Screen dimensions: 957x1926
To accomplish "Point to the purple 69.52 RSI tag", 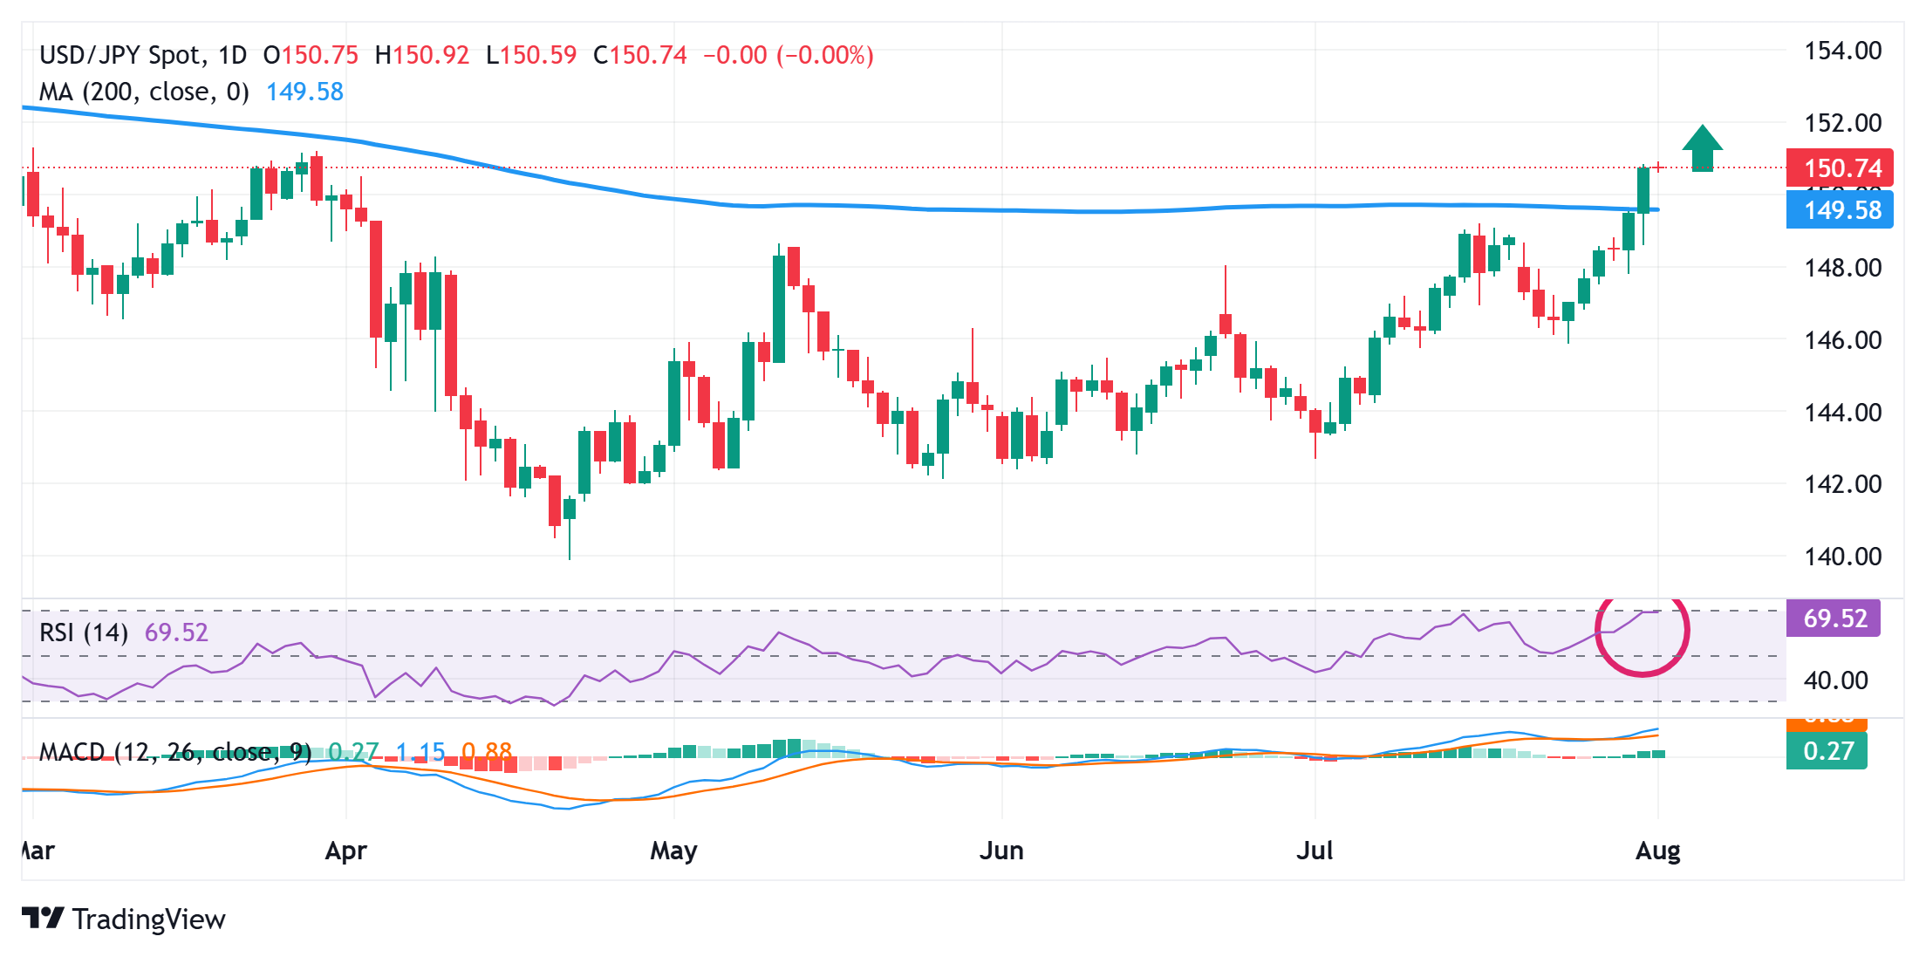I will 1834,619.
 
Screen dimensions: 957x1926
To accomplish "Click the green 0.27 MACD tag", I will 1827,751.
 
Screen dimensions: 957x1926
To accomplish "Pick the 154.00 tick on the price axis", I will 1842,51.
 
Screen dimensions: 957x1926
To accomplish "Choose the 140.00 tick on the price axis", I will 1842,556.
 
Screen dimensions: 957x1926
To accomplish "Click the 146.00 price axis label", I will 1842,339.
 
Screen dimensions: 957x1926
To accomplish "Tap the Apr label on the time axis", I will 345,851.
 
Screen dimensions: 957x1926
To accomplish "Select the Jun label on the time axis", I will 1001,851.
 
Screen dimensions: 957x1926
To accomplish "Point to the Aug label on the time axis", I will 1657,851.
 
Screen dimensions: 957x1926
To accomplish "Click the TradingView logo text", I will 147,919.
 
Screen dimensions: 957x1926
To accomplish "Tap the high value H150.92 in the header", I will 422,56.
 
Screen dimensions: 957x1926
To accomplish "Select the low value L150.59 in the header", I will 531,56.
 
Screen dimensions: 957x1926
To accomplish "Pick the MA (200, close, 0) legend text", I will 144,92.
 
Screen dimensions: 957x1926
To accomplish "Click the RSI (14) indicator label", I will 84,632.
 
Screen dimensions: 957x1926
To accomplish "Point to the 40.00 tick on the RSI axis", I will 1835,680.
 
